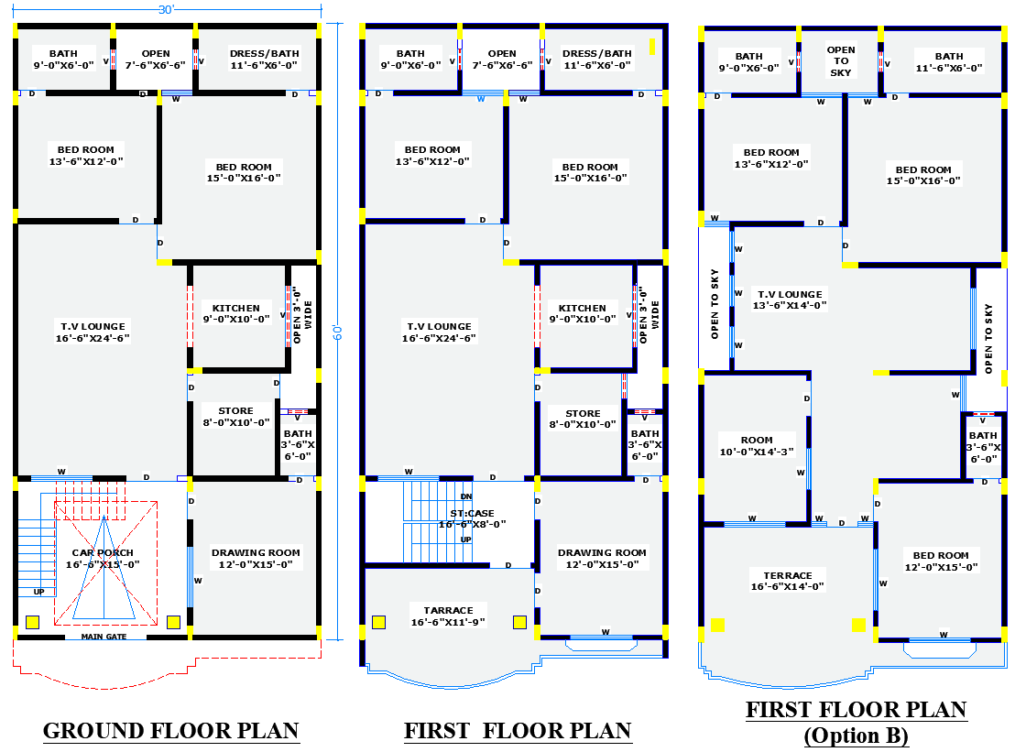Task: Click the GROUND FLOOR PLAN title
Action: click(171, 731)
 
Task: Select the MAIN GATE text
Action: click(104, 637)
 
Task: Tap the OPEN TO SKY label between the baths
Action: click(841, 60)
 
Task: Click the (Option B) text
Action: click(856, 736)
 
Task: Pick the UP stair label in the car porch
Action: click(38, 592)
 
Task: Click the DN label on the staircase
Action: click(466, 496)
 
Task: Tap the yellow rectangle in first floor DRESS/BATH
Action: click(652, 46)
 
